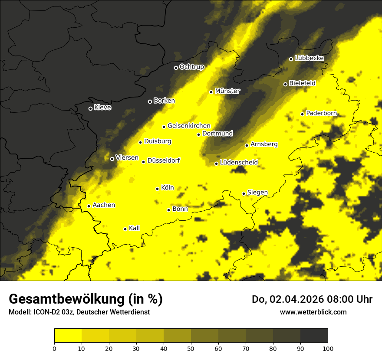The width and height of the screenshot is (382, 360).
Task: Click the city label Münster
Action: click(x=227, y=91)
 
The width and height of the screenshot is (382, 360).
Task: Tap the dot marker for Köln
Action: click(x=157, y=189)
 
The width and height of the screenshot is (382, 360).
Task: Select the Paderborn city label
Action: click(x=321, y=113)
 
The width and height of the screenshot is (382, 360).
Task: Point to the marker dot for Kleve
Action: click(x=90, y=108)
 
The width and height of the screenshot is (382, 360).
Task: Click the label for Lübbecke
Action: click(x=309, y=58)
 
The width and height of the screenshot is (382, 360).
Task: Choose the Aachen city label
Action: click(x=104, y=205)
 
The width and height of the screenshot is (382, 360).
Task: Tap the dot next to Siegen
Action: click(x=244, y=193)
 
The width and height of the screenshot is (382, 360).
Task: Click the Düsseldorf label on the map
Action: click(x=163, y=161)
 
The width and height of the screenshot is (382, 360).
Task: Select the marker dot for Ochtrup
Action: click(x=176, y=68)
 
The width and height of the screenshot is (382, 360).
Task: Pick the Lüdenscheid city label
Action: click(x=239, y=163)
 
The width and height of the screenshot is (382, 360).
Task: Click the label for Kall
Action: click(x=134, y=228)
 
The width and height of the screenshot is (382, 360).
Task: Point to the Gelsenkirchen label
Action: click(x=189, y=126)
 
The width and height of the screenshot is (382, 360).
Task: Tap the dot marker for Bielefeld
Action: click(x=285, y=84)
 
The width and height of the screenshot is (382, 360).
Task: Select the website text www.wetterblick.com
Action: click(x=313, y=312)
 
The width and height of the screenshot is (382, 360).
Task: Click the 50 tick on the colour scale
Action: click(x=191, y=348)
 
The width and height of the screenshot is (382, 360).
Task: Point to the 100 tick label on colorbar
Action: click(x=327, y=348)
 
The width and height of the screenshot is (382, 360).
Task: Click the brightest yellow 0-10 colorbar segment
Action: click(x=68, y=336)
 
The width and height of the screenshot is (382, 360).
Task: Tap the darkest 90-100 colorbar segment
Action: click(x=314, y=336)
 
